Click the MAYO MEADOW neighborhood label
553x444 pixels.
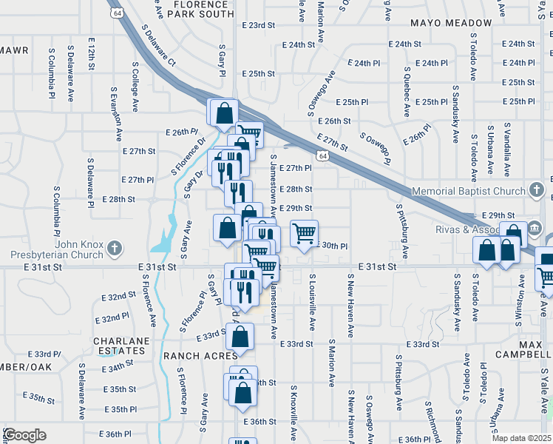pos(450,23)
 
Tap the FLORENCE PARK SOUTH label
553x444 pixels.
pos(204,9)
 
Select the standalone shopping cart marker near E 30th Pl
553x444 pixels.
pos(305,234)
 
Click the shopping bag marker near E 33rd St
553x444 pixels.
pos(241,337)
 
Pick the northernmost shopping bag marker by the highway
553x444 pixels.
pos(224,113)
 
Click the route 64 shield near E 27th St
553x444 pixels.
pos(322,156)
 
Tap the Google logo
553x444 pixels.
pos(24,435)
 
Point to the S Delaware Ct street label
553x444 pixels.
pos(158,44)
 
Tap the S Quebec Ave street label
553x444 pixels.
pos(407,92)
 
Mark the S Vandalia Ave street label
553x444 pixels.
pos(507,151)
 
